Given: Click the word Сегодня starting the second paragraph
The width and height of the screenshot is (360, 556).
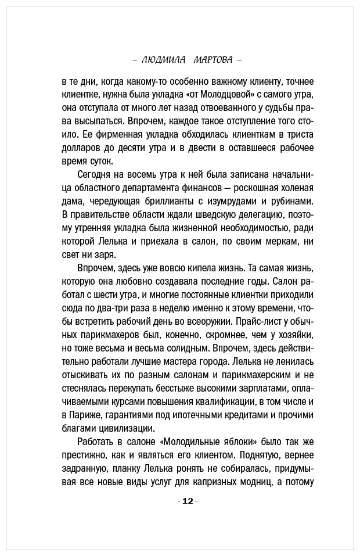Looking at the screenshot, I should pos(95,175).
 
